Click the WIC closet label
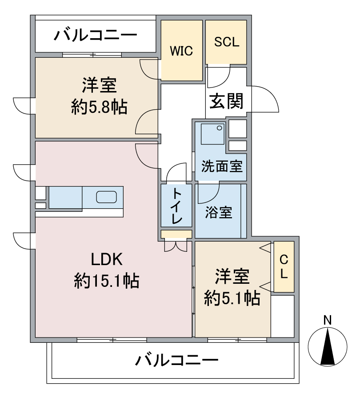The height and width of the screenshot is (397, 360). coord(181,51)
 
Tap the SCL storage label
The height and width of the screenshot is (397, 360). coord(227,42)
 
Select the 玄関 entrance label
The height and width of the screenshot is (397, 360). coord(227,101)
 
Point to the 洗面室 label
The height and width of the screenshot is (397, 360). coord(222,167)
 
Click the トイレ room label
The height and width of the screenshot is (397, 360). coord(176,206)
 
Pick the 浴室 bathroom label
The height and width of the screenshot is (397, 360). coord(218,212)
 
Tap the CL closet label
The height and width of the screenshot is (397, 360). coord(284,266)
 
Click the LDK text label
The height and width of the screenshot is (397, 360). coord(107,259)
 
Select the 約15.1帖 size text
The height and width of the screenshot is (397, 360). coord(107,281)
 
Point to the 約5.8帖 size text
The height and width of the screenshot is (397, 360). coord(99,107)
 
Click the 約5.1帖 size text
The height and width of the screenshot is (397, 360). coord(232,298)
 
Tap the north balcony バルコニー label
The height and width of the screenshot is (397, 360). coord(96,35)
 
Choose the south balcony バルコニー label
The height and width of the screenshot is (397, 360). coord(176,360)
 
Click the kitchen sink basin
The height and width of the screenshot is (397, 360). coord(106,197)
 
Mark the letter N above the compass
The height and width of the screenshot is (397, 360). coord(328,320)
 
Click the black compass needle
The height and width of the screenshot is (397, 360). coord(328,346)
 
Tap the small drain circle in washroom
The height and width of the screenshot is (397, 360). coord(220,128)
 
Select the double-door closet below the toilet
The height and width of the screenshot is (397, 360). coord(176,245)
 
